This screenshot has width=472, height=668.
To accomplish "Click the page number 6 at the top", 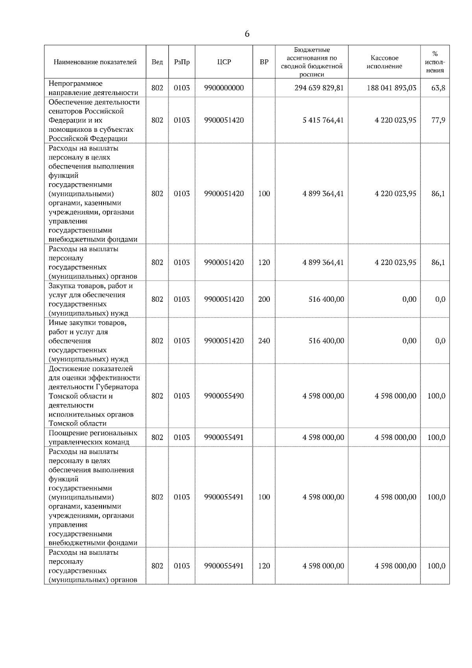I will click(247, 34).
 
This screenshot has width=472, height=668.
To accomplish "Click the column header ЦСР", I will click(224, 62).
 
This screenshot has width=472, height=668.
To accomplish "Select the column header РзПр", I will click(182, 62).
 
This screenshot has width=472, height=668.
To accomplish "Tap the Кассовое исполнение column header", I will click(384, 62).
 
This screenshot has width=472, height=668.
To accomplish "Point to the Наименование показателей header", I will click(95, 62).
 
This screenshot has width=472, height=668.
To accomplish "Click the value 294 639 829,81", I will click(319, 88).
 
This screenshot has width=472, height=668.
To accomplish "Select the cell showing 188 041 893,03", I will click(391, 88).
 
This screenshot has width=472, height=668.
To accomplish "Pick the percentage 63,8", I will click(438, 88).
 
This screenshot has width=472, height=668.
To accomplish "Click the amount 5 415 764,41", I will click(323, 120).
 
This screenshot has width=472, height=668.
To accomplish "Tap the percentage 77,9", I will click(438, 120).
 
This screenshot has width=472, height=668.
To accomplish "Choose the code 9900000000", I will click(224, 88).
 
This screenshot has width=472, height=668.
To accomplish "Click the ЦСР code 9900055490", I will click(224, 396).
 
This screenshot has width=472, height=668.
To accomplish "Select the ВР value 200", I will click(264, 299).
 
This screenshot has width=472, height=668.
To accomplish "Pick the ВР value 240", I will click(264, 341).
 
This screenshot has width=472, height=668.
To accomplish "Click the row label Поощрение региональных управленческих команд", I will click(93, 437).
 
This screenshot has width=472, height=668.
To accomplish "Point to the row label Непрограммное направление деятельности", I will click(93, 88).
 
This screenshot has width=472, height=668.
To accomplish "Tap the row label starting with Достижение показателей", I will click(94, 396).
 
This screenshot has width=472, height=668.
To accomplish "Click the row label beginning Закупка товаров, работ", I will click(91, 299).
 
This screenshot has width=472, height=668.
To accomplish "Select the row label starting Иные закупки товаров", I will click(88, 341).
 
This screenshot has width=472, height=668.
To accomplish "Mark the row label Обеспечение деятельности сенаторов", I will click(94, 120).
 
